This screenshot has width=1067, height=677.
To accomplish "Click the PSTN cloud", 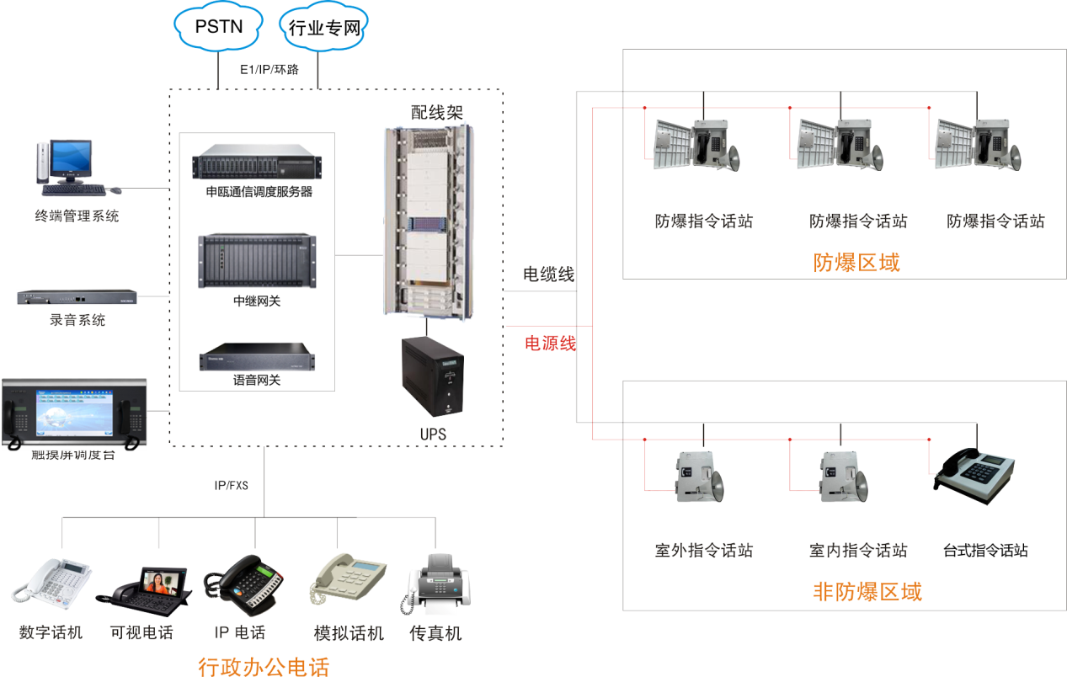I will [218, 27].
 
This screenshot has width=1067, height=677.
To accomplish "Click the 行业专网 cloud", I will [324, 29].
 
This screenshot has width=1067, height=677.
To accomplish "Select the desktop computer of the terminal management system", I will [67, 166].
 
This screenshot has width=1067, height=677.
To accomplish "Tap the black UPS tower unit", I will [432, 377].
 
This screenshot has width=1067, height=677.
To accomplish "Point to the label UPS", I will [433, 434].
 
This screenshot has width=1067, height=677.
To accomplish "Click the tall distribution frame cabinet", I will [427, 220].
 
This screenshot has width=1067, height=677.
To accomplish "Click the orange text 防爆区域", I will [856, 263].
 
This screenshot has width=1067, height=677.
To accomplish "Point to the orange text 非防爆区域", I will [867, 591].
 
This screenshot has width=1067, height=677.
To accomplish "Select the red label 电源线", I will [551, 343].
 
